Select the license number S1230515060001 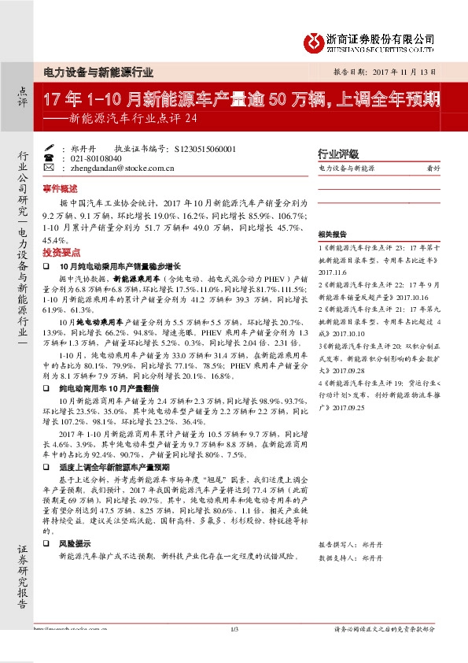coord(203,148)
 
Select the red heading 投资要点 coord(61,252)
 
